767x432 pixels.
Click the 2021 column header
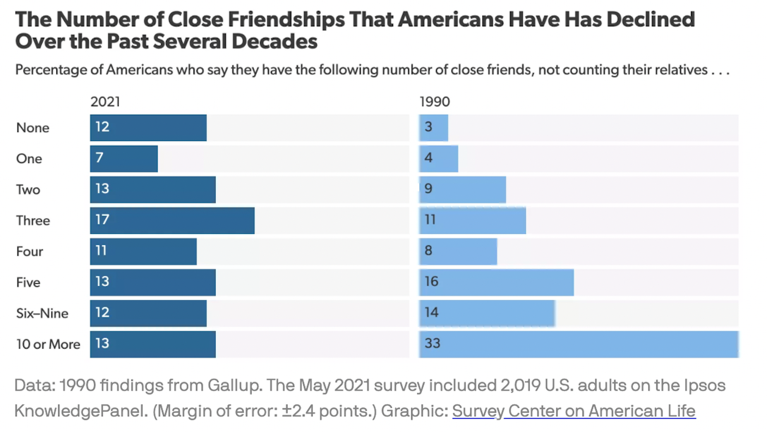[105, 102]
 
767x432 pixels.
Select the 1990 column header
[434, 102]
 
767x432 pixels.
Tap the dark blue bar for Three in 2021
[172, 220]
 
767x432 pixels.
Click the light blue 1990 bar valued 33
[579, 344]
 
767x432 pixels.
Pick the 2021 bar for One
[124, 158]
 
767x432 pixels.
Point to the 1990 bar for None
[434, 128]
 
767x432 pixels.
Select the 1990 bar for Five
[496, 282]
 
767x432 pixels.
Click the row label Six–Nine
[42, 313]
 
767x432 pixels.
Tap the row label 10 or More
[48, 344]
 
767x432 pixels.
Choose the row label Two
[28, 190]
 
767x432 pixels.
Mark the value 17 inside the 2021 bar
[102, 220]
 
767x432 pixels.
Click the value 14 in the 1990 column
[431, 312]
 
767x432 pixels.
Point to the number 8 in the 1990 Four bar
[428, 251]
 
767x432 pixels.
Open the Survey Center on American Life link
[573, 411]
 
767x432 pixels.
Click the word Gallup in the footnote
[234, 385]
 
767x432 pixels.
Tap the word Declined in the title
[650, 20]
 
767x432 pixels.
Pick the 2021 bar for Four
[143, 252]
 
